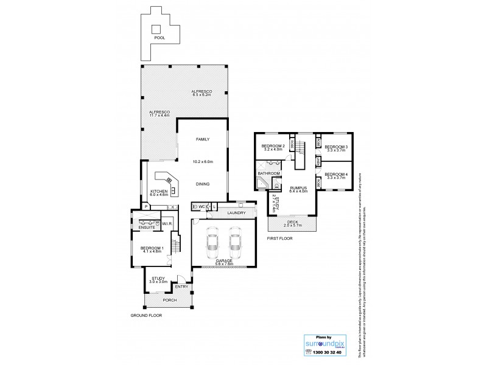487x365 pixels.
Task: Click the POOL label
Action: (x=159, y=38)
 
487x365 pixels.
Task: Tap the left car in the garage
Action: (x=212, y=242)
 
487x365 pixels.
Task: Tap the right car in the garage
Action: (x=236, y=242)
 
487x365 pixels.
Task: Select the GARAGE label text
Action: (x=223, y=260)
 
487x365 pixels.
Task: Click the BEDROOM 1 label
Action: (x=152, y=248)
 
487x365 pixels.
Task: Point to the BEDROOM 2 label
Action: (x=273, y=147)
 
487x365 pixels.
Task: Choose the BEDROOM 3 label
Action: (x=335, y=147)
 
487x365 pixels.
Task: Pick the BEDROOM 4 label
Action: (x=335, y=175)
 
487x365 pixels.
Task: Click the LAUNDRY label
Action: (x=236, y=213)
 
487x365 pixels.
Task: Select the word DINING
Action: (x=202, y=183)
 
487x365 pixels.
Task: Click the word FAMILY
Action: (x=202, y=139)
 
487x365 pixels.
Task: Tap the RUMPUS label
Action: (x=298, y=188)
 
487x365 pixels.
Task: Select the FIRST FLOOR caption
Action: (x=279, y=238)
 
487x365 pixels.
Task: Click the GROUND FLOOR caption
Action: (x=147, y=316)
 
